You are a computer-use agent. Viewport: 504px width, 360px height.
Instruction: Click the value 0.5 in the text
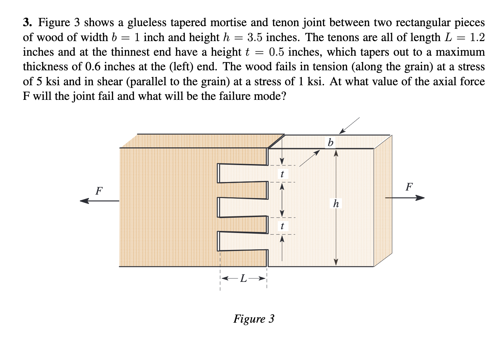pyautogui.click(x=277, y=52)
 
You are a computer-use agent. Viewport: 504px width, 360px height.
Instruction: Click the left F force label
pyautogui.click(x=99, y=191)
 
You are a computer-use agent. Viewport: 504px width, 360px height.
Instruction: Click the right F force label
pyautogui.click(x=409, y=186)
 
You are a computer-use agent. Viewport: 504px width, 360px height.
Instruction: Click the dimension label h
pyautogui.click(x=336, y=204)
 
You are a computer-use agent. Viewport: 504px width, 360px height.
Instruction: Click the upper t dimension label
pyautogui.click(x=282, y=174)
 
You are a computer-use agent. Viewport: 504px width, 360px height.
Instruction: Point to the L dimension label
pyautogui.click(x=243, y=278)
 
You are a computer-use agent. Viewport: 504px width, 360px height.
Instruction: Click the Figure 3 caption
pyautogui.click(x=254, y=319)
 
